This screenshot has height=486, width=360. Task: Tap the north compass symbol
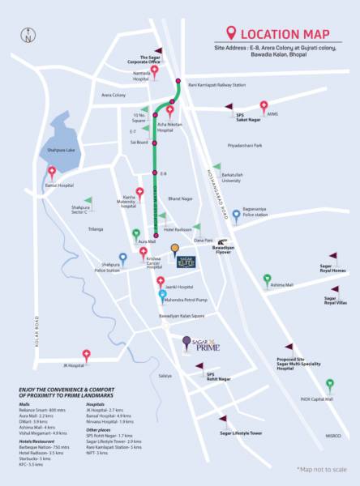click(x=28, y=36)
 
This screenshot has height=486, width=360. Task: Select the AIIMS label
click(x=273, y=116)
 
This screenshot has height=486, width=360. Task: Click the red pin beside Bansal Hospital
click(x=53, y=172)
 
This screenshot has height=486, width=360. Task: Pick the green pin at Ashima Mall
click(x=267, y=279)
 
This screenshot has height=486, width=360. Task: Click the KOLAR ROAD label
click(x=15, y=290)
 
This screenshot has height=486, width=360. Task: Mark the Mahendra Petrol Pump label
click(x=185, y=298)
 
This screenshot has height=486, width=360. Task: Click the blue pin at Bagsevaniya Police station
click(x=236, y=215)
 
